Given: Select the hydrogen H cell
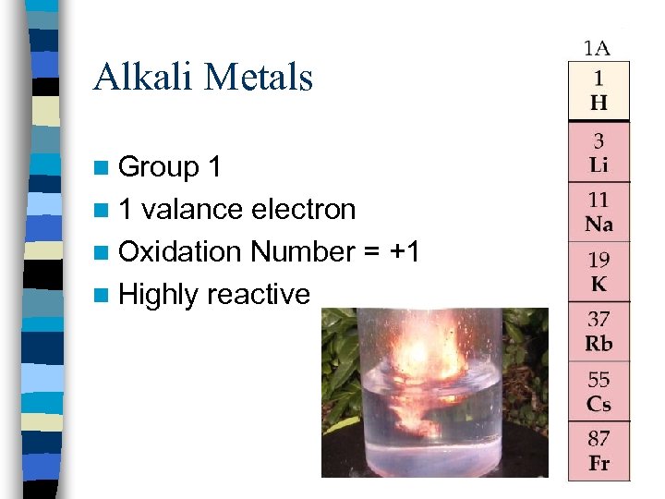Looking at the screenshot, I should point(598,91).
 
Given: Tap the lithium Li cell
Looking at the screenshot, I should point(598,152).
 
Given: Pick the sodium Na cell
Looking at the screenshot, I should point(598,213).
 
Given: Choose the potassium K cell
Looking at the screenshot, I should point(598,272).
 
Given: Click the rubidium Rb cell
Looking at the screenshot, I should point(598,333).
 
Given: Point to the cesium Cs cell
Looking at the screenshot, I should point(598,392).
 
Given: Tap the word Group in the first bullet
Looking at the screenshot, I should point(159,167).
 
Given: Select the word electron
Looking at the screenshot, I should point(304,210).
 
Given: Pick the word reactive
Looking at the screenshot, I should point(259,294).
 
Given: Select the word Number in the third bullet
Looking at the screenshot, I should point(303,251).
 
